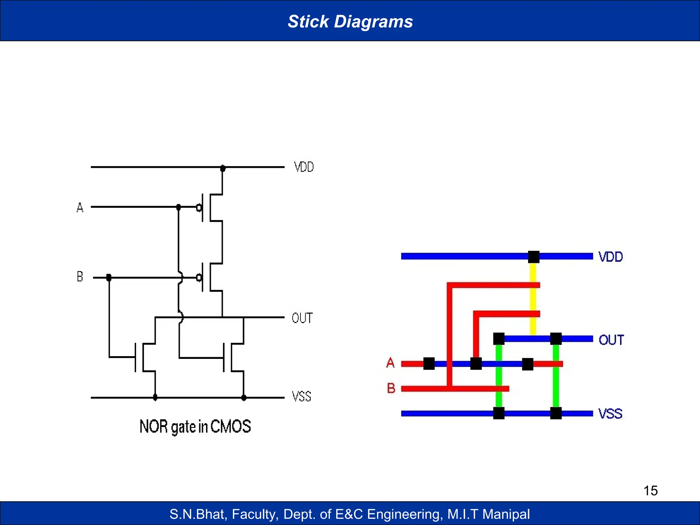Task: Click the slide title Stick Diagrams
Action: (350, 21)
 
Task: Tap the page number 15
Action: (650, 490)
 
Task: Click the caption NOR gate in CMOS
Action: (195, 427)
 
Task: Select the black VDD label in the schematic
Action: (304, 167)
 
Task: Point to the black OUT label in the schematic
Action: (302, 318)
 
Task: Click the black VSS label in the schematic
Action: (301, 396)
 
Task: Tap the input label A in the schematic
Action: (80, 207)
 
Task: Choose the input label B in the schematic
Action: (80, 277)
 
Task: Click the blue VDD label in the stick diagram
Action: (610, 257)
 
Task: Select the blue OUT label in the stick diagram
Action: (611, 340)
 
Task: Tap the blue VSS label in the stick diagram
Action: (610, 414)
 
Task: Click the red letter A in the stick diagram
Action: (390, 363)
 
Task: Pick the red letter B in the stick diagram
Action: (391, 388)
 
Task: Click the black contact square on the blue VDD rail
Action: (534, 257)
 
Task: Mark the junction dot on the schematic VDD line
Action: (223, 168)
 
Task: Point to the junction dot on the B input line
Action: (109, 277)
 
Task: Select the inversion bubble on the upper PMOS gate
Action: (199, 207)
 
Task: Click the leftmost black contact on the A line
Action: (429, 364)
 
